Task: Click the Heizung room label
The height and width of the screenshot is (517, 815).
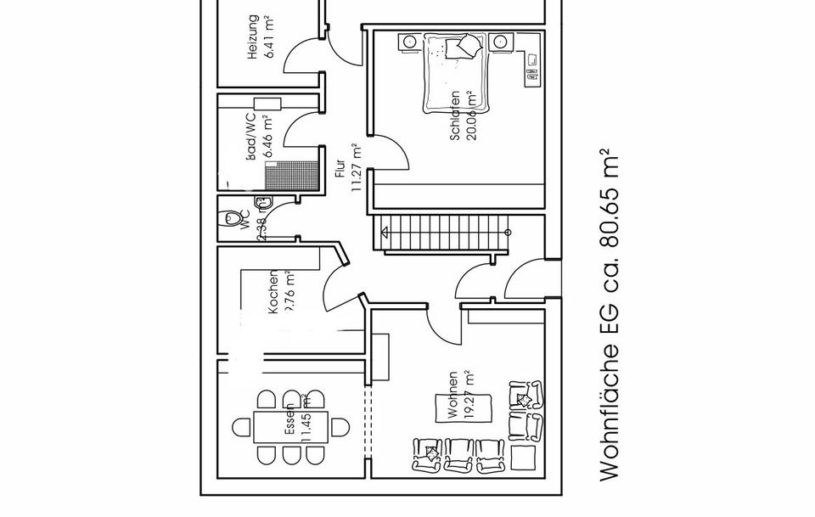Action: point(253,37)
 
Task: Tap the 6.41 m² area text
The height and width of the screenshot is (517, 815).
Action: point(271,37)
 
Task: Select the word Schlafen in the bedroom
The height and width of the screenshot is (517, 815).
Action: point(456,116)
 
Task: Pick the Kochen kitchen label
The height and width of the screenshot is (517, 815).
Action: point(273,294)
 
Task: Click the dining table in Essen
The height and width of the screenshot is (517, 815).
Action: point(290,427)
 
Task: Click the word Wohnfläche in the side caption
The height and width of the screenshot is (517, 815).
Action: point(610,417)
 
